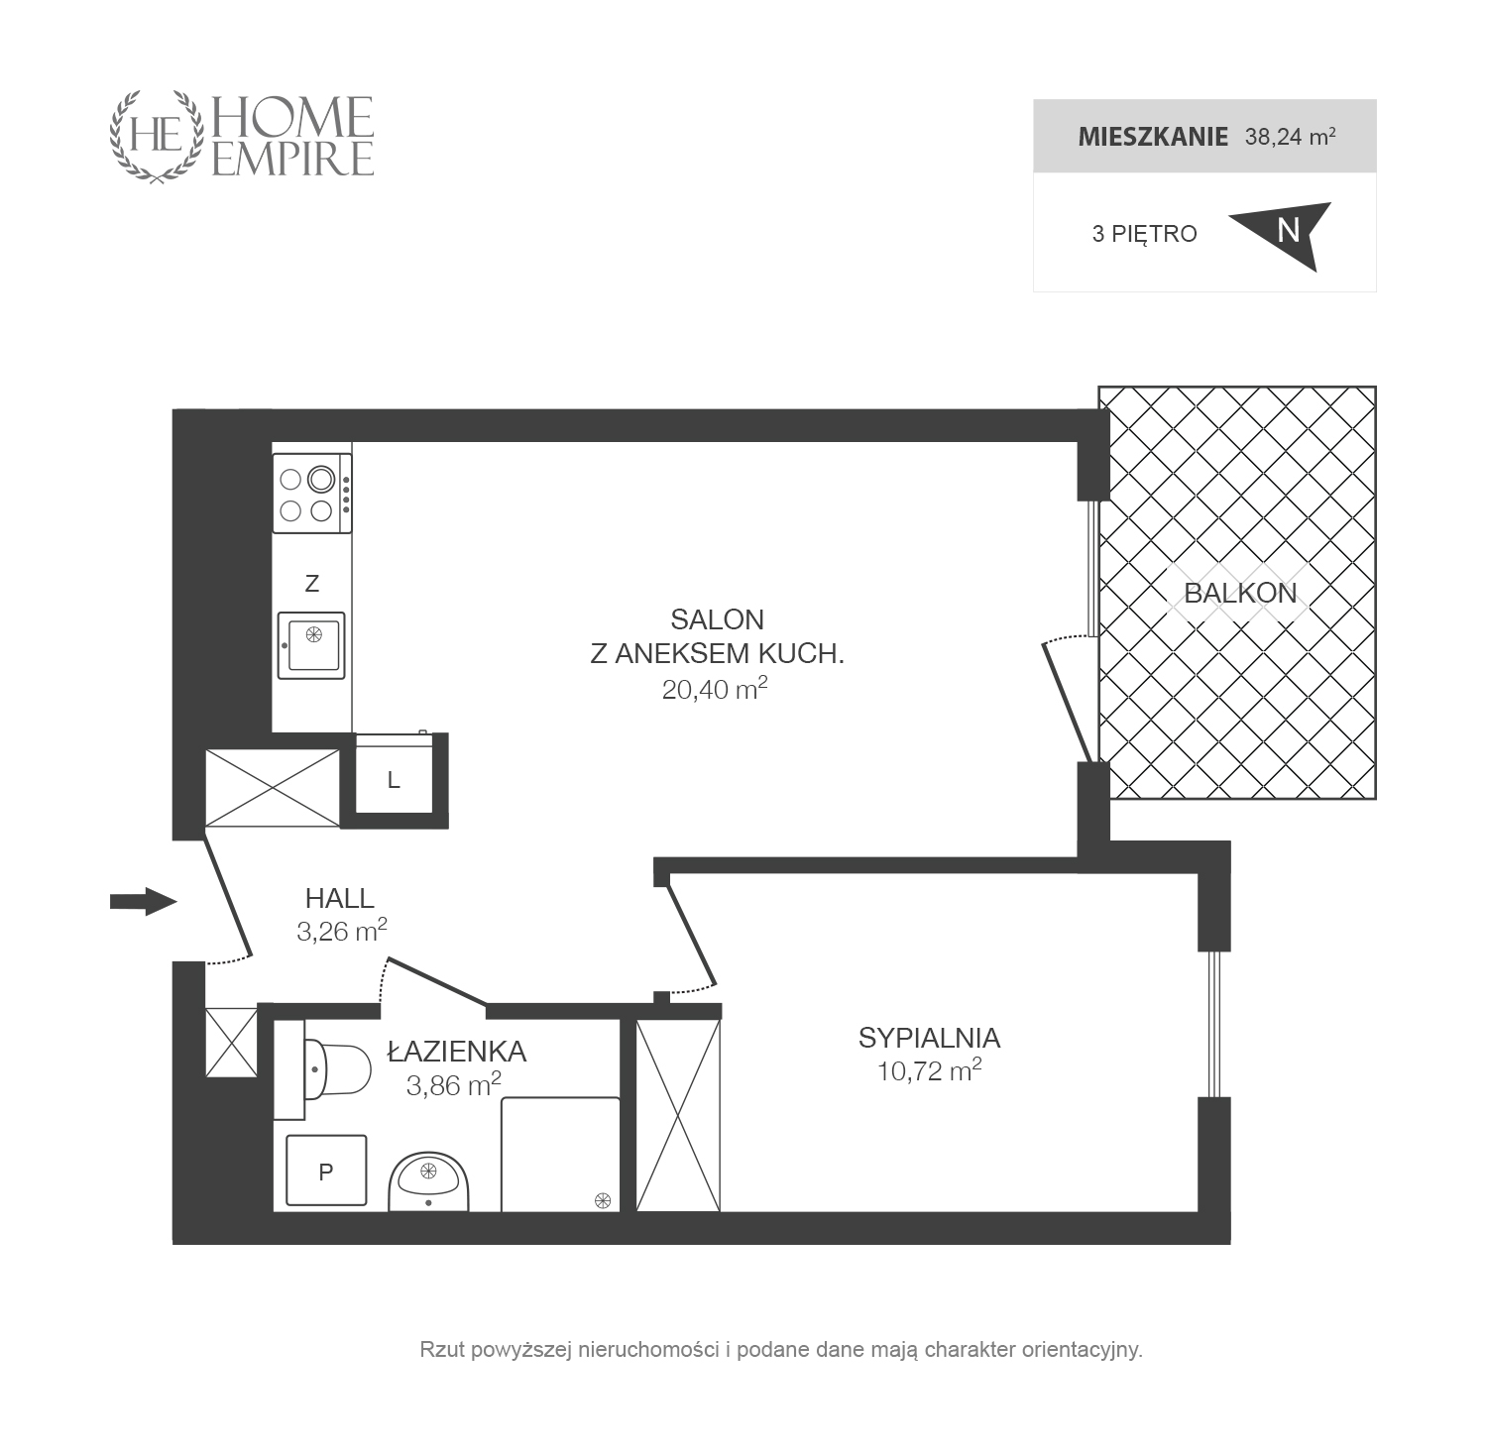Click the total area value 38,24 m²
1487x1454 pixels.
[x=1290, y=136]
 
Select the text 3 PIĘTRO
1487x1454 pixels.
[x=1144, y=234]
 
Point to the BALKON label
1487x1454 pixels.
[x=1240, y=593]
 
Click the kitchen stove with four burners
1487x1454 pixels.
[x=312, y=493]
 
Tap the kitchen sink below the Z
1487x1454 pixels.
[x=311, y=645]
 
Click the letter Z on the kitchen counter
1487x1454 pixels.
[x=312, y=584]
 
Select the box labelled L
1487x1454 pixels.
[x=395, y=780]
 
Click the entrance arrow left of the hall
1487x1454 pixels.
[x=143, y=901]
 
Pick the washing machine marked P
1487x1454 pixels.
[x=326, y=1171]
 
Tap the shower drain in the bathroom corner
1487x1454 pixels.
[x=602, y=1200]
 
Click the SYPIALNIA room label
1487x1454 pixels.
[x=929, y=1038]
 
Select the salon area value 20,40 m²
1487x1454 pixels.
[x=715, y=689]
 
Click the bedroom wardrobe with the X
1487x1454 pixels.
[x=678, y=1115]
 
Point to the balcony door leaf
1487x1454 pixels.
[x=1067, y=703]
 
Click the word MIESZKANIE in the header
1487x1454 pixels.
[x=1153, y=137]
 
